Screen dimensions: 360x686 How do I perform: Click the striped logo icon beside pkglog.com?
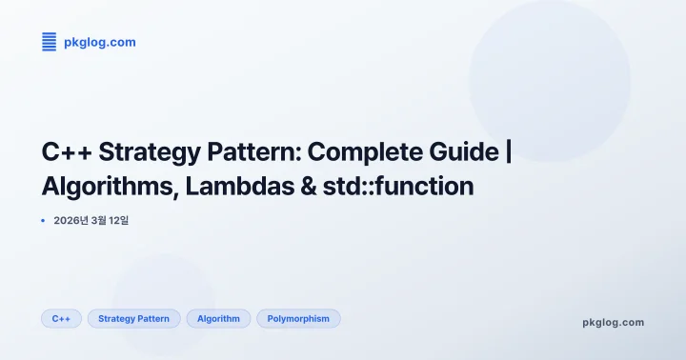pyautogui.click(x=50, y=42)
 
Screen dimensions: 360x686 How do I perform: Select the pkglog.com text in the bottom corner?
pyautogui.click(x=613, y=322)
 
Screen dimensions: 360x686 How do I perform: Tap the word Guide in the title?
pyautogui.click(x=468, y=151)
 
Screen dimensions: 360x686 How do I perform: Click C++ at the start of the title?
pyautogui.click(x=66, y=151)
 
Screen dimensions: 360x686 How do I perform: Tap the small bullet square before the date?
pyautogui.click(x=44, y=221)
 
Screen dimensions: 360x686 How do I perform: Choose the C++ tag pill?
pyautogui.click(x=61, y=319)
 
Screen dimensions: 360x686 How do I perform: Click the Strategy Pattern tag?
pyautogui.click(x=133, y=319)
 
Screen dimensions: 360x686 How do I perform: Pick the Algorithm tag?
pyautogui.click(x=218, y=319)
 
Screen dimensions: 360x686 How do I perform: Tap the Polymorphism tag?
pyautogui.click(x=298, y=319)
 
